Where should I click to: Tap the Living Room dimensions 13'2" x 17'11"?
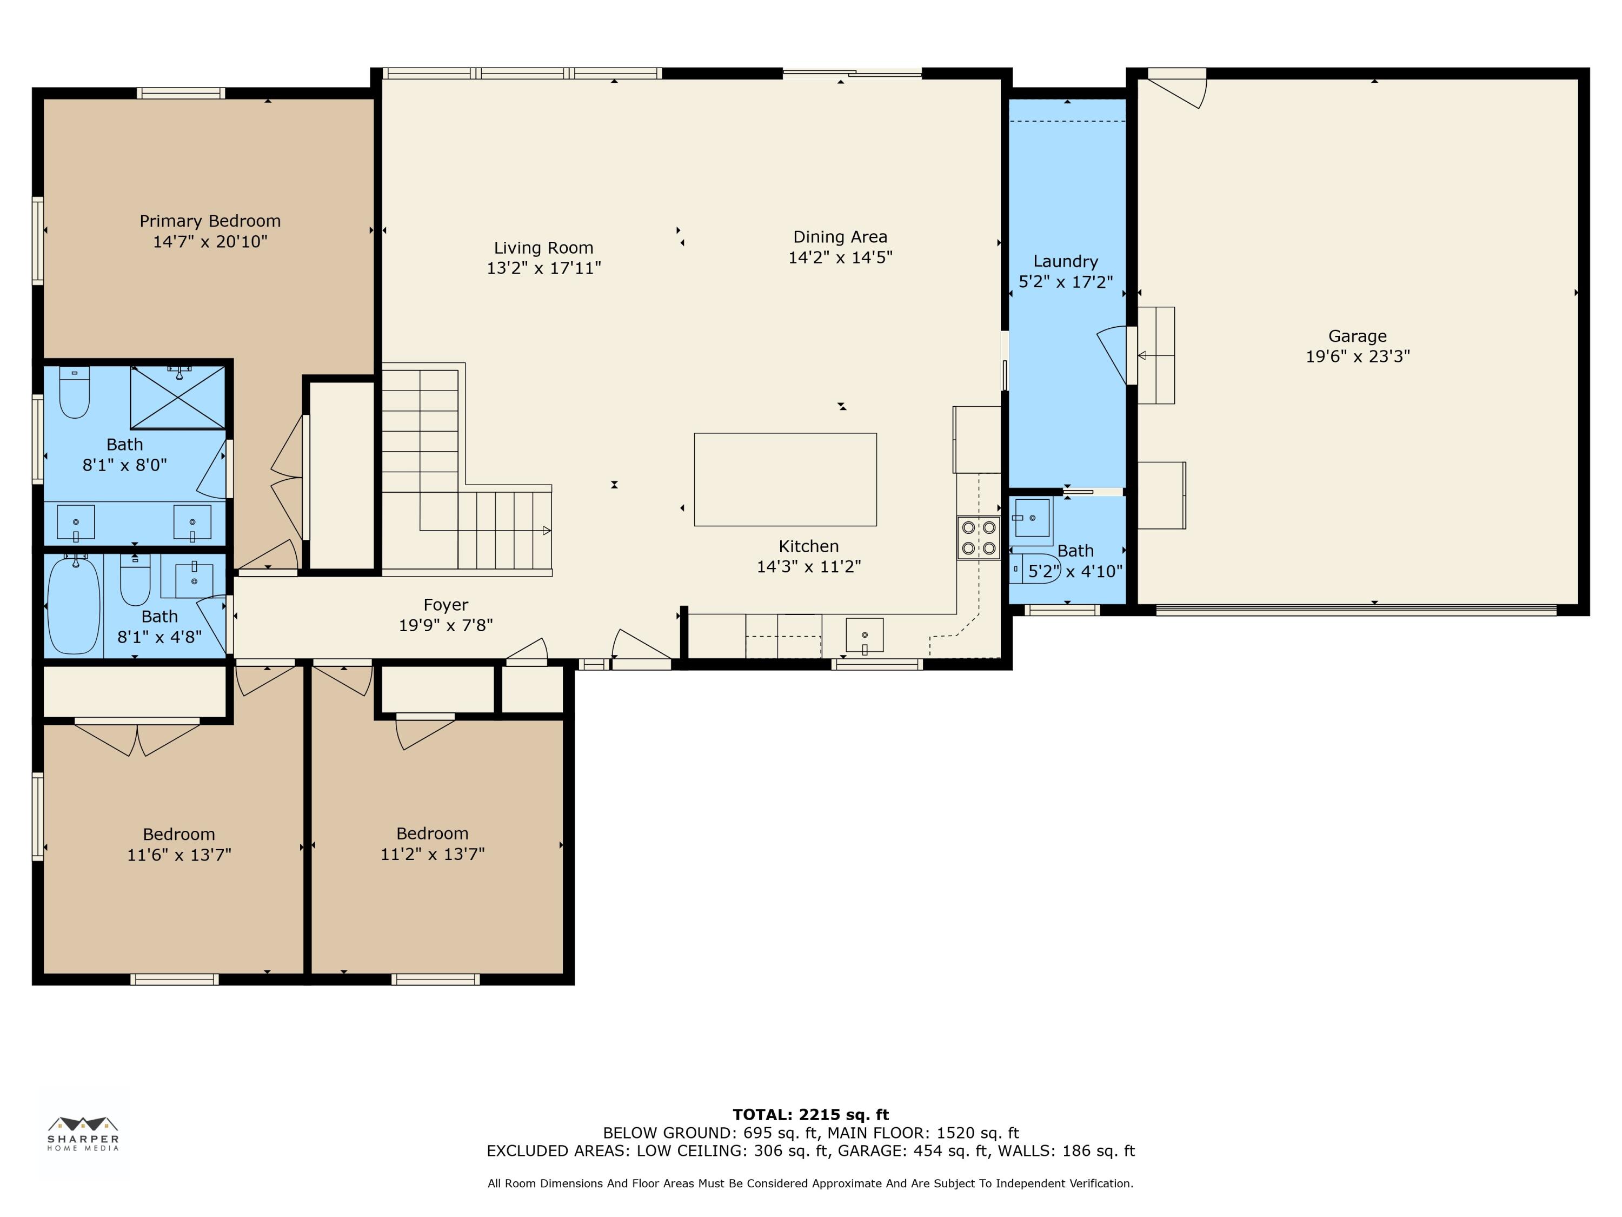[x=543, y=268]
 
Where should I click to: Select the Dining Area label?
[x=840, y=237]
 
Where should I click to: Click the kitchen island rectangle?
[x=786, y=479]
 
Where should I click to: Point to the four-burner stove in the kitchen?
[x=978, y=538]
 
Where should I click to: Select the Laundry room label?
[x=1066, y=262]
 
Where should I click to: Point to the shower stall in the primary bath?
[x=178, y=397]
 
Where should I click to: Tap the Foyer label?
[x=446, y=605]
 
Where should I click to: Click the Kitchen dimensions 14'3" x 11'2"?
[x=809, y=567]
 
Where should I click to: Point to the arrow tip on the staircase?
[x=550, y=531]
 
